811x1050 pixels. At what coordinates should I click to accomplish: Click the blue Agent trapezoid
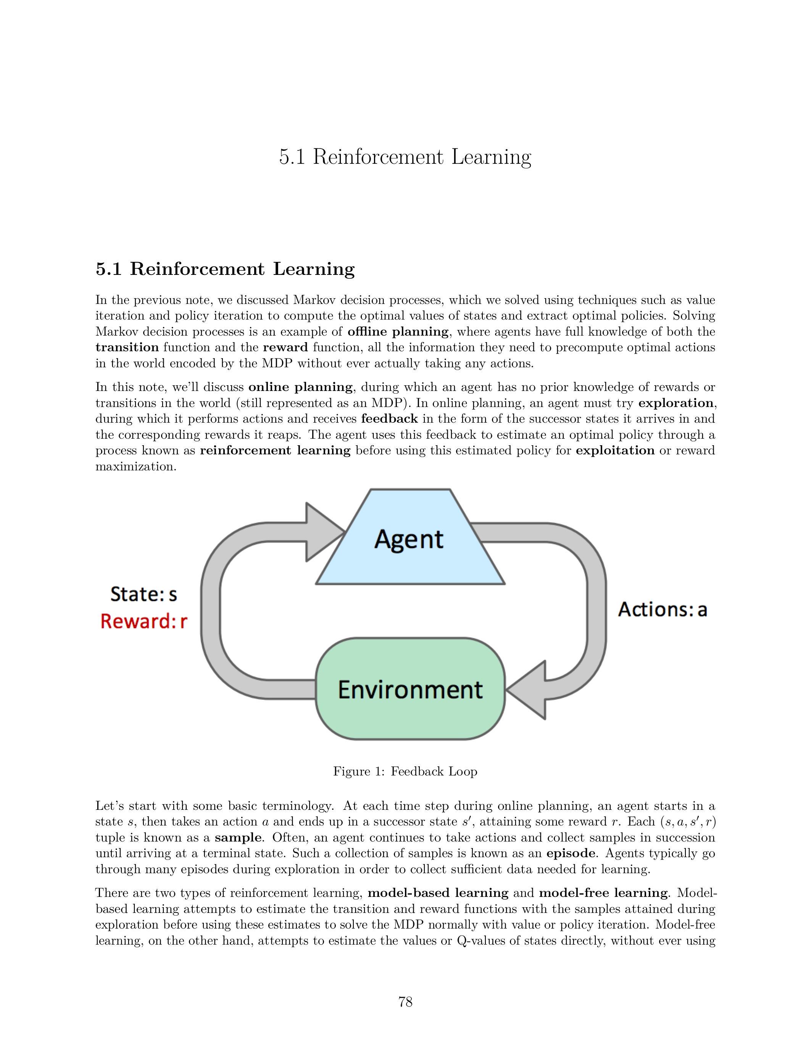coord(410,538)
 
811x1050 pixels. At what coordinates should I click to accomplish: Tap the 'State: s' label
coord(143,594)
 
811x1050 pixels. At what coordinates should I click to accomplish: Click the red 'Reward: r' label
coord(143,622)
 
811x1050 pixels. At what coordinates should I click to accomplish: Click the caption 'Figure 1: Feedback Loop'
coord(405,772)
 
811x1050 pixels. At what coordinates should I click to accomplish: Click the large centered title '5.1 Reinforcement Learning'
coord(405,157)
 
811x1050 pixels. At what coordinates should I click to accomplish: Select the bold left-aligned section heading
coord(225,269)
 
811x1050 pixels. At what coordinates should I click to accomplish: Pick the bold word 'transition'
coord(127,347)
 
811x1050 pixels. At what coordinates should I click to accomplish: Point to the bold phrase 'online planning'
coord(301,387)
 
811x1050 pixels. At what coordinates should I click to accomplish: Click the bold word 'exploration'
coord(676,403)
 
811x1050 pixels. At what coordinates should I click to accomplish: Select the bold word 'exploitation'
coord(615,451)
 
